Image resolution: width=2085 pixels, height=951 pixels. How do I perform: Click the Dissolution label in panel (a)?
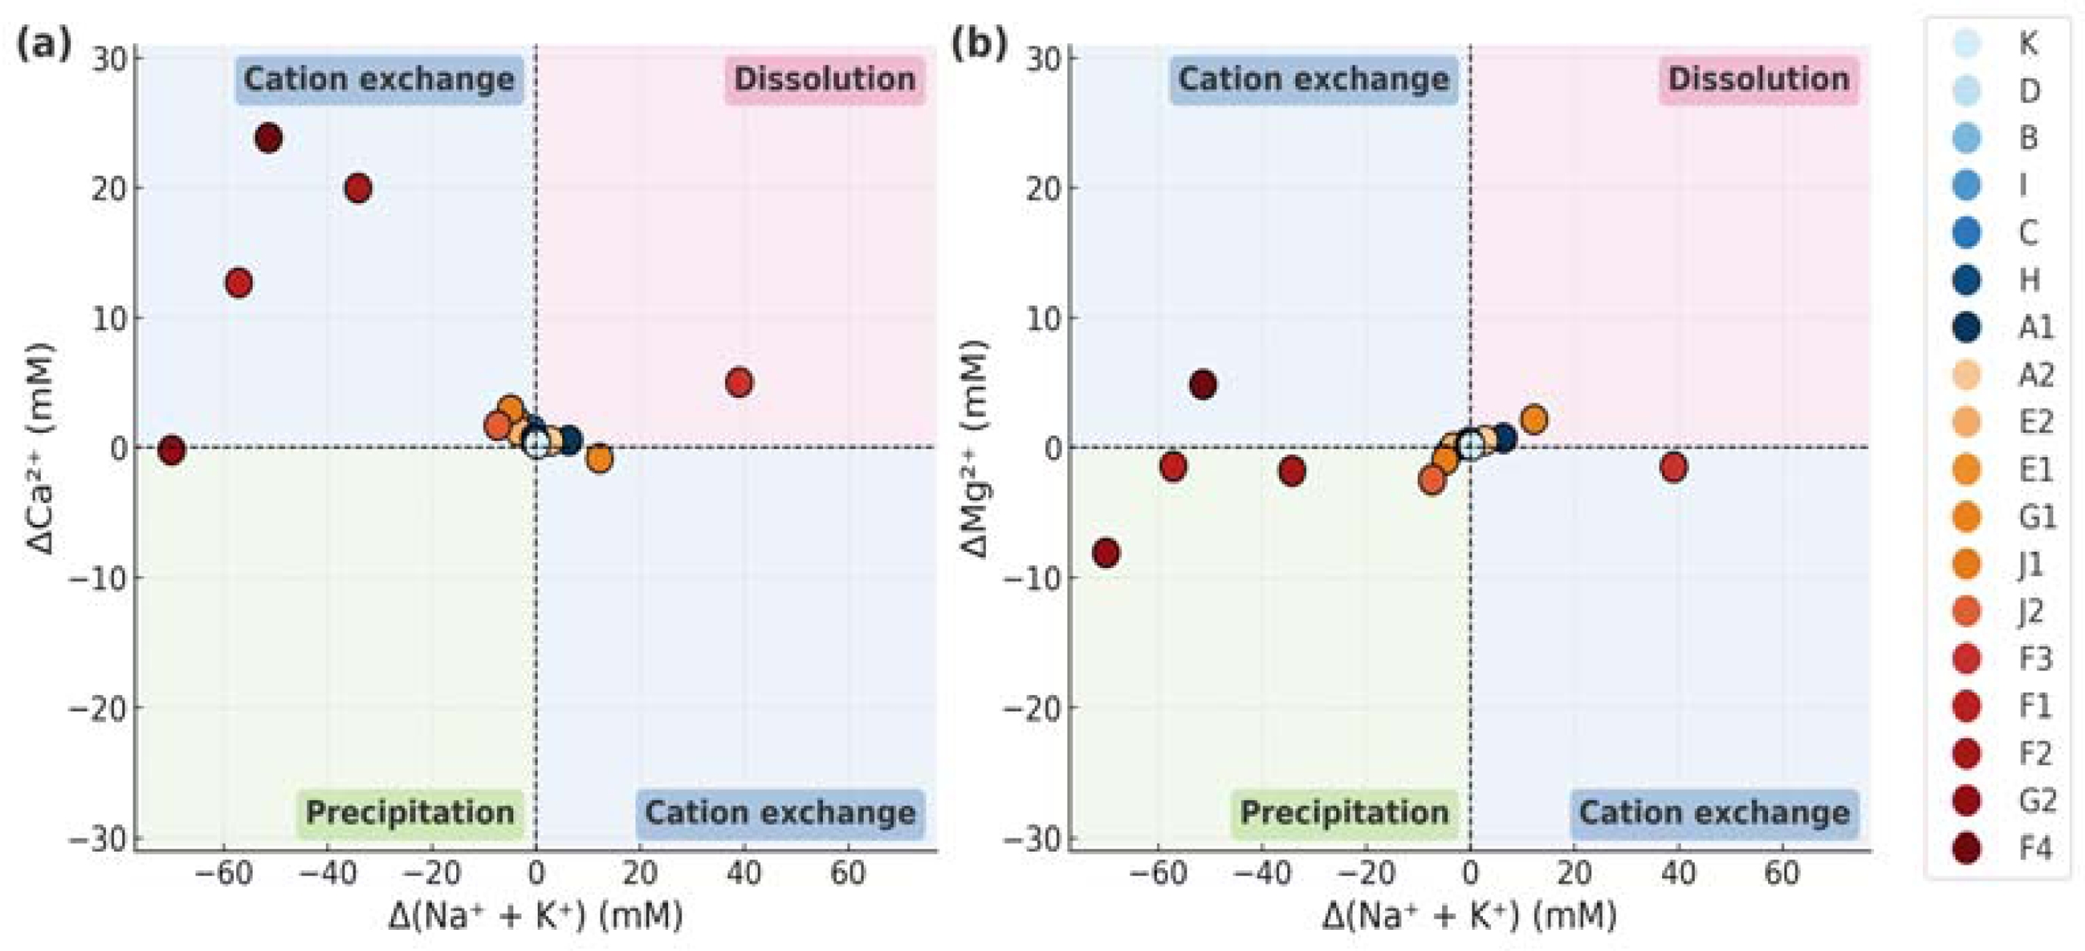coord(824,79)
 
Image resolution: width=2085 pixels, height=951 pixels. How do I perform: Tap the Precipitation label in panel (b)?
coord(1344,812)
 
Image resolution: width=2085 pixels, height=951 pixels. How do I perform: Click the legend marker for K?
coord(1967,43)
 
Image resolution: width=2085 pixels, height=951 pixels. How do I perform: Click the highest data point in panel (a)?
coord(269,138)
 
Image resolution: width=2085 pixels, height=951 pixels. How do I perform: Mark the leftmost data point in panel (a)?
coord(171,450)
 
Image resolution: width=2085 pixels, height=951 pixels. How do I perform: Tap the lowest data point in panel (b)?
coord(1105,553)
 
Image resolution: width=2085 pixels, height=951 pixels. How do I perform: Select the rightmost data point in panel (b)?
coord(1673,467)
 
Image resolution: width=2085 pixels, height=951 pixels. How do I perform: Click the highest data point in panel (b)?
coord(1204,384)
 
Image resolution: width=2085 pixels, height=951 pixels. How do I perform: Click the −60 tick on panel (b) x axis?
coord(1158,873)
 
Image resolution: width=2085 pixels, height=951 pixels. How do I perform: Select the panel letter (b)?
coord(978,43)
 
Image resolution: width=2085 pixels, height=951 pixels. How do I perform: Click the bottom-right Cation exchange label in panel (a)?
coord(780,812)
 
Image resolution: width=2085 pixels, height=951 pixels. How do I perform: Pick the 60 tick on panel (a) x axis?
coord(848,873)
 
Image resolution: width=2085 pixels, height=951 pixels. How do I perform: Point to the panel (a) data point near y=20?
coord(358,188)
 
